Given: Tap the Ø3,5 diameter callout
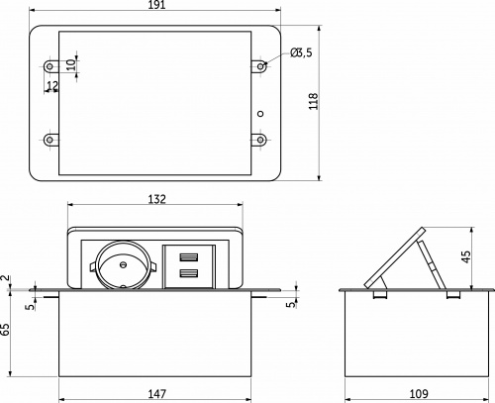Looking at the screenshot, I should tap(302, 52).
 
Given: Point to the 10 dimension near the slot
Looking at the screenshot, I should tap(70, 63).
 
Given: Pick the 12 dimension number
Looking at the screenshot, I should tap(51, 87).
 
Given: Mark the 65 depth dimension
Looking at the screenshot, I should tap(7, 330).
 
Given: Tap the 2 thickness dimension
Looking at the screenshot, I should tap(6, 280).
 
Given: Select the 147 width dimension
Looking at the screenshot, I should tap(156, 394).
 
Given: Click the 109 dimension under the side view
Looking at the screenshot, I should tap(419, 394).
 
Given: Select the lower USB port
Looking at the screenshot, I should tap(189, 274).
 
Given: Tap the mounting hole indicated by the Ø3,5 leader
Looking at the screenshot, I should tap(261, 66).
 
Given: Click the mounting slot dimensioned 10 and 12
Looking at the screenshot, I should tap(49, 66).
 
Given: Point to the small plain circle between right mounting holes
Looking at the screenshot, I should tap(261, 111).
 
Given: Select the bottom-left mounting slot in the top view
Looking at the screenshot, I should tap(49, 139).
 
